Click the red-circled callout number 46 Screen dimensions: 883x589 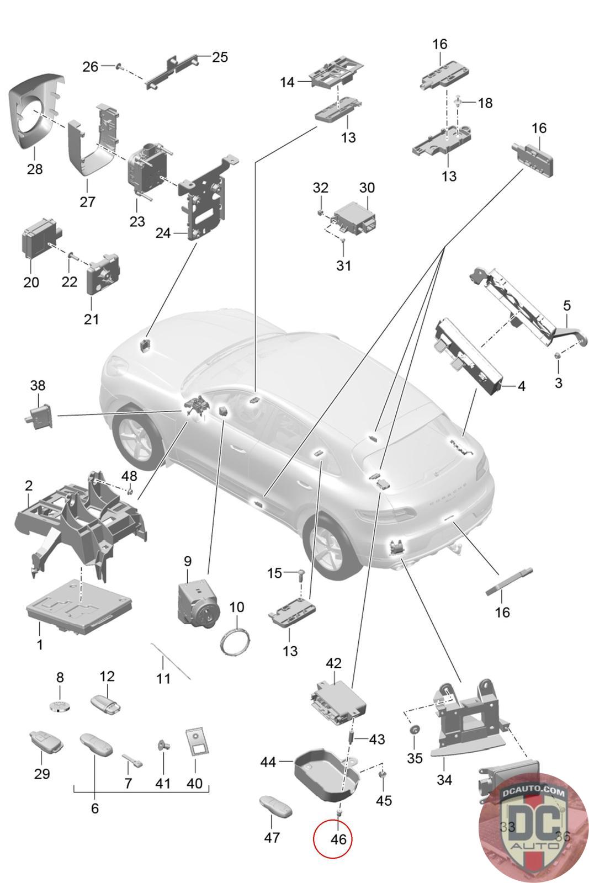pos(338,839)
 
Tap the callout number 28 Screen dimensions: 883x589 pos(34,168)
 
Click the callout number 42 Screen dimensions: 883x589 pos(333,663)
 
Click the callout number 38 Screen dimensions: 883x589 pos(38,385)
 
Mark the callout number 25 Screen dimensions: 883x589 pos(220,57)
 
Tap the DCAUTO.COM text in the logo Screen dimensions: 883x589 pos(533,793)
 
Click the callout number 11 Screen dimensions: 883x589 pos(163,677)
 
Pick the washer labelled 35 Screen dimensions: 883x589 pos(413,731)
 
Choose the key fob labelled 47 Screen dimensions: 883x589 pos(275,808)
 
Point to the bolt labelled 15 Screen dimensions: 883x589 pos(301,575)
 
